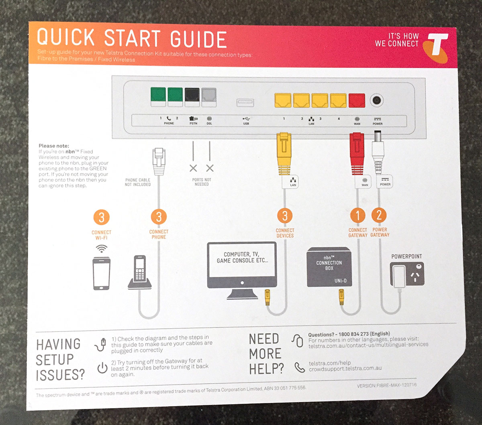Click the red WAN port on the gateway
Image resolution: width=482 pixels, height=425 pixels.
pyautogui.click(x=357, y=100)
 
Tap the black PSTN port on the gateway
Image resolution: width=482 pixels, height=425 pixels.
pyautogui.click(x=192, y=96)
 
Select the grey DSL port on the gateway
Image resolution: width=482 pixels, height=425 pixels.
pyautogui.click(x=209, y=96)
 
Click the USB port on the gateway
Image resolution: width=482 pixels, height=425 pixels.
pyautogui.click(x=245, y=103)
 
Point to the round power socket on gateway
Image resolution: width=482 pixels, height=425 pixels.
pyautogui.click(x=377, y=100)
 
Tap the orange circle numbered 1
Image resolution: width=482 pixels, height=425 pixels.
pyautogui.click(x=357, y=216)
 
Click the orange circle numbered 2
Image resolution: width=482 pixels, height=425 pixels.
pyautogui.click(x=379, y=215)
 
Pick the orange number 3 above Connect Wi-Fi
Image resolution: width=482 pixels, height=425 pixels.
pyautogui.click(x=101, y=218)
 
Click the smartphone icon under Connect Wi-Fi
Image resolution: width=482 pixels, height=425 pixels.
pyautogui.click(x=101, y=273)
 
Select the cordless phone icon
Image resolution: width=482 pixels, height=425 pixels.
pyautogui.click(x=139, y=273)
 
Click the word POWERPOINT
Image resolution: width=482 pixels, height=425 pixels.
pyautogui.click(x=406, y=256)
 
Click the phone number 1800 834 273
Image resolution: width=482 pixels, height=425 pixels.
pyautogui.click(x=353, y=334)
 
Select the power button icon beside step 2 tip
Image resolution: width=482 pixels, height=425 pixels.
pyautogui.click(x=102, y=368)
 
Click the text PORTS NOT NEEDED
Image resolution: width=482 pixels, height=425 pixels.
pyautogui.click(x=202, y=182)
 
